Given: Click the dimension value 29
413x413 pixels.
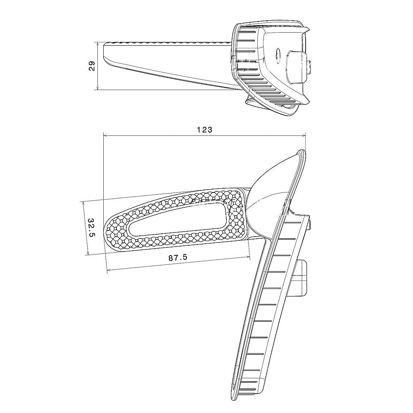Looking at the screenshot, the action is (92, 66).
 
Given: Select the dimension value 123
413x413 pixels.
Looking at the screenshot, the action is (204, 130).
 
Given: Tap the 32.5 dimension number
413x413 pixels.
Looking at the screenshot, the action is (91, 228).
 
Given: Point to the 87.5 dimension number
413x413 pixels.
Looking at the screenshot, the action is (178, 257).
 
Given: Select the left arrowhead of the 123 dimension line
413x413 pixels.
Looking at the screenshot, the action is (105, 135).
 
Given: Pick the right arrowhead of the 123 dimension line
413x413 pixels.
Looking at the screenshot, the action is (304, 135).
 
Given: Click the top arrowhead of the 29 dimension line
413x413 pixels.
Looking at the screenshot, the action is (98, 44).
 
